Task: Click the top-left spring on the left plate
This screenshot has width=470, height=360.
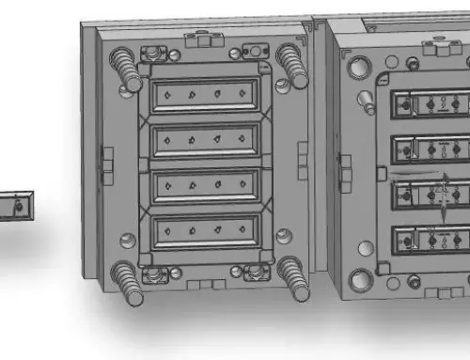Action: tap(123, 67)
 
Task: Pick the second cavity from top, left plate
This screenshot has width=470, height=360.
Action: tap(205, 140)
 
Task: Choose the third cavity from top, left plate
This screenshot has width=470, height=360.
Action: tap(205, 185)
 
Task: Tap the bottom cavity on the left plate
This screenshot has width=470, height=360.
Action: tap(205, 230)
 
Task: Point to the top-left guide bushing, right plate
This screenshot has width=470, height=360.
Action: tap(358, 68)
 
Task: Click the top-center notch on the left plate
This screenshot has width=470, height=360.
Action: tap(204, 40)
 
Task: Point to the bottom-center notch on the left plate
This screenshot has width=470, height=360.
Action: tap(205, 282)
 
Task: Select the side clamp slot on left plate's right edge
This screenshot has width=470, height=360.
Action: tap(302, 156)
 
